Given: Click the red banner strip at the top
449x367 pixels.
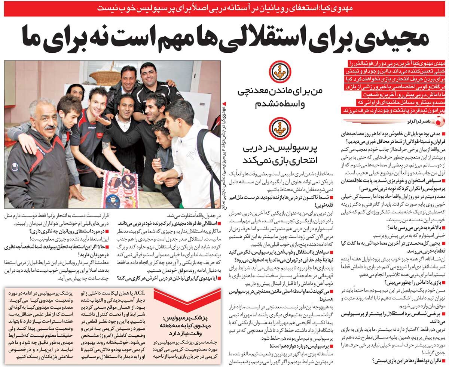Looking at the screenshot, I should (x=224, y=7).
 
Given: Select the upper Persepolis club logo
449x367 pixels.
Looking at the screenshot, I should (x=278, y=73).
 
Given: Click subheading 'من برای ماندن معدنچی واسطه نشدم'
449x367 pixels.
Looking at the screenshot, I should (x=278, y=98).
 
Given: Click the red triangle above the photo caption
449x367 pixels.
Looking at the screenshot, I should (x=224, y=103).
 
